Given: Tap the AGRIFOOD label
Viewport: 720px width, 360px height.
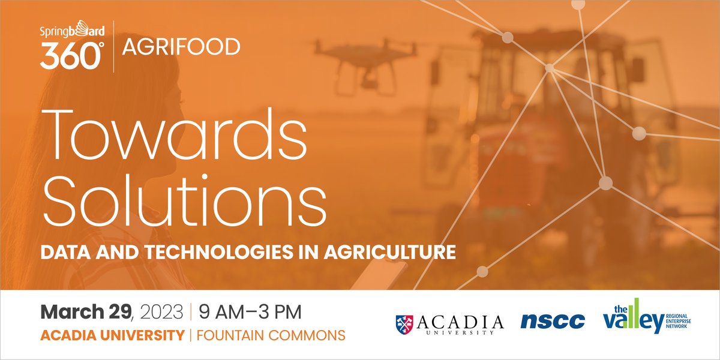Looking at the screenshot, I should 181,46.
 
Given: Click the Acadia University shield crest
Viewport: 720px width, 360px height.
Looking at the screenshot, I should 404,323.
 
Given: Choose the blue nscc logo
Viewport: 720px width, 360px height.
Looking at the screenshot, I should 553,322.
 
